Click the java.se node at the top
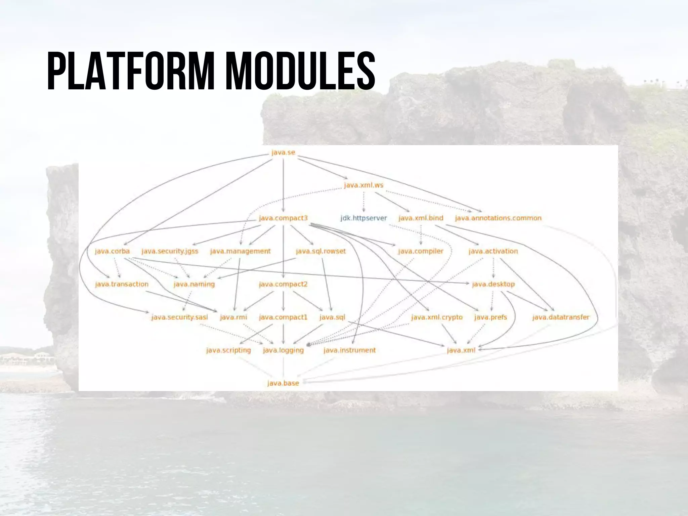coord(283,153)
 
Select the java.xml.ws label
coord(363,185)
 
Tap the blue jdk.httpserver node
coord(363,218)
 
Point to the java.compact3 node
coord(283,218)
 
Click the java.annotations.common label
coord(498,218)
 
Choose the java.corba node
coord(112,251)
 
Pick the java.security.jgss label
coord(170,251)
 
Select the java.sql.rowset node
coord(320,251)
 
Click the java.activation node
coord(493,251)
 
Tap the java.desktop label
coord(493,284)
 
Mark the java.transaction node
coord(122,284)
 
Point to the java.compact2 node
coord(283,284)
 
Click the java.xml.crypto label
coord(437,317)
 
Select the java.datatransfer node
coord(561,317)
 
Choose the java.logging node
coord(283,350)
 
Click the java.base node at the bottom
coord(283,383)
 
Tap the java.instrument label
coord(349,350)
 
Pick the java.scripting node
coord(228,350)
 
